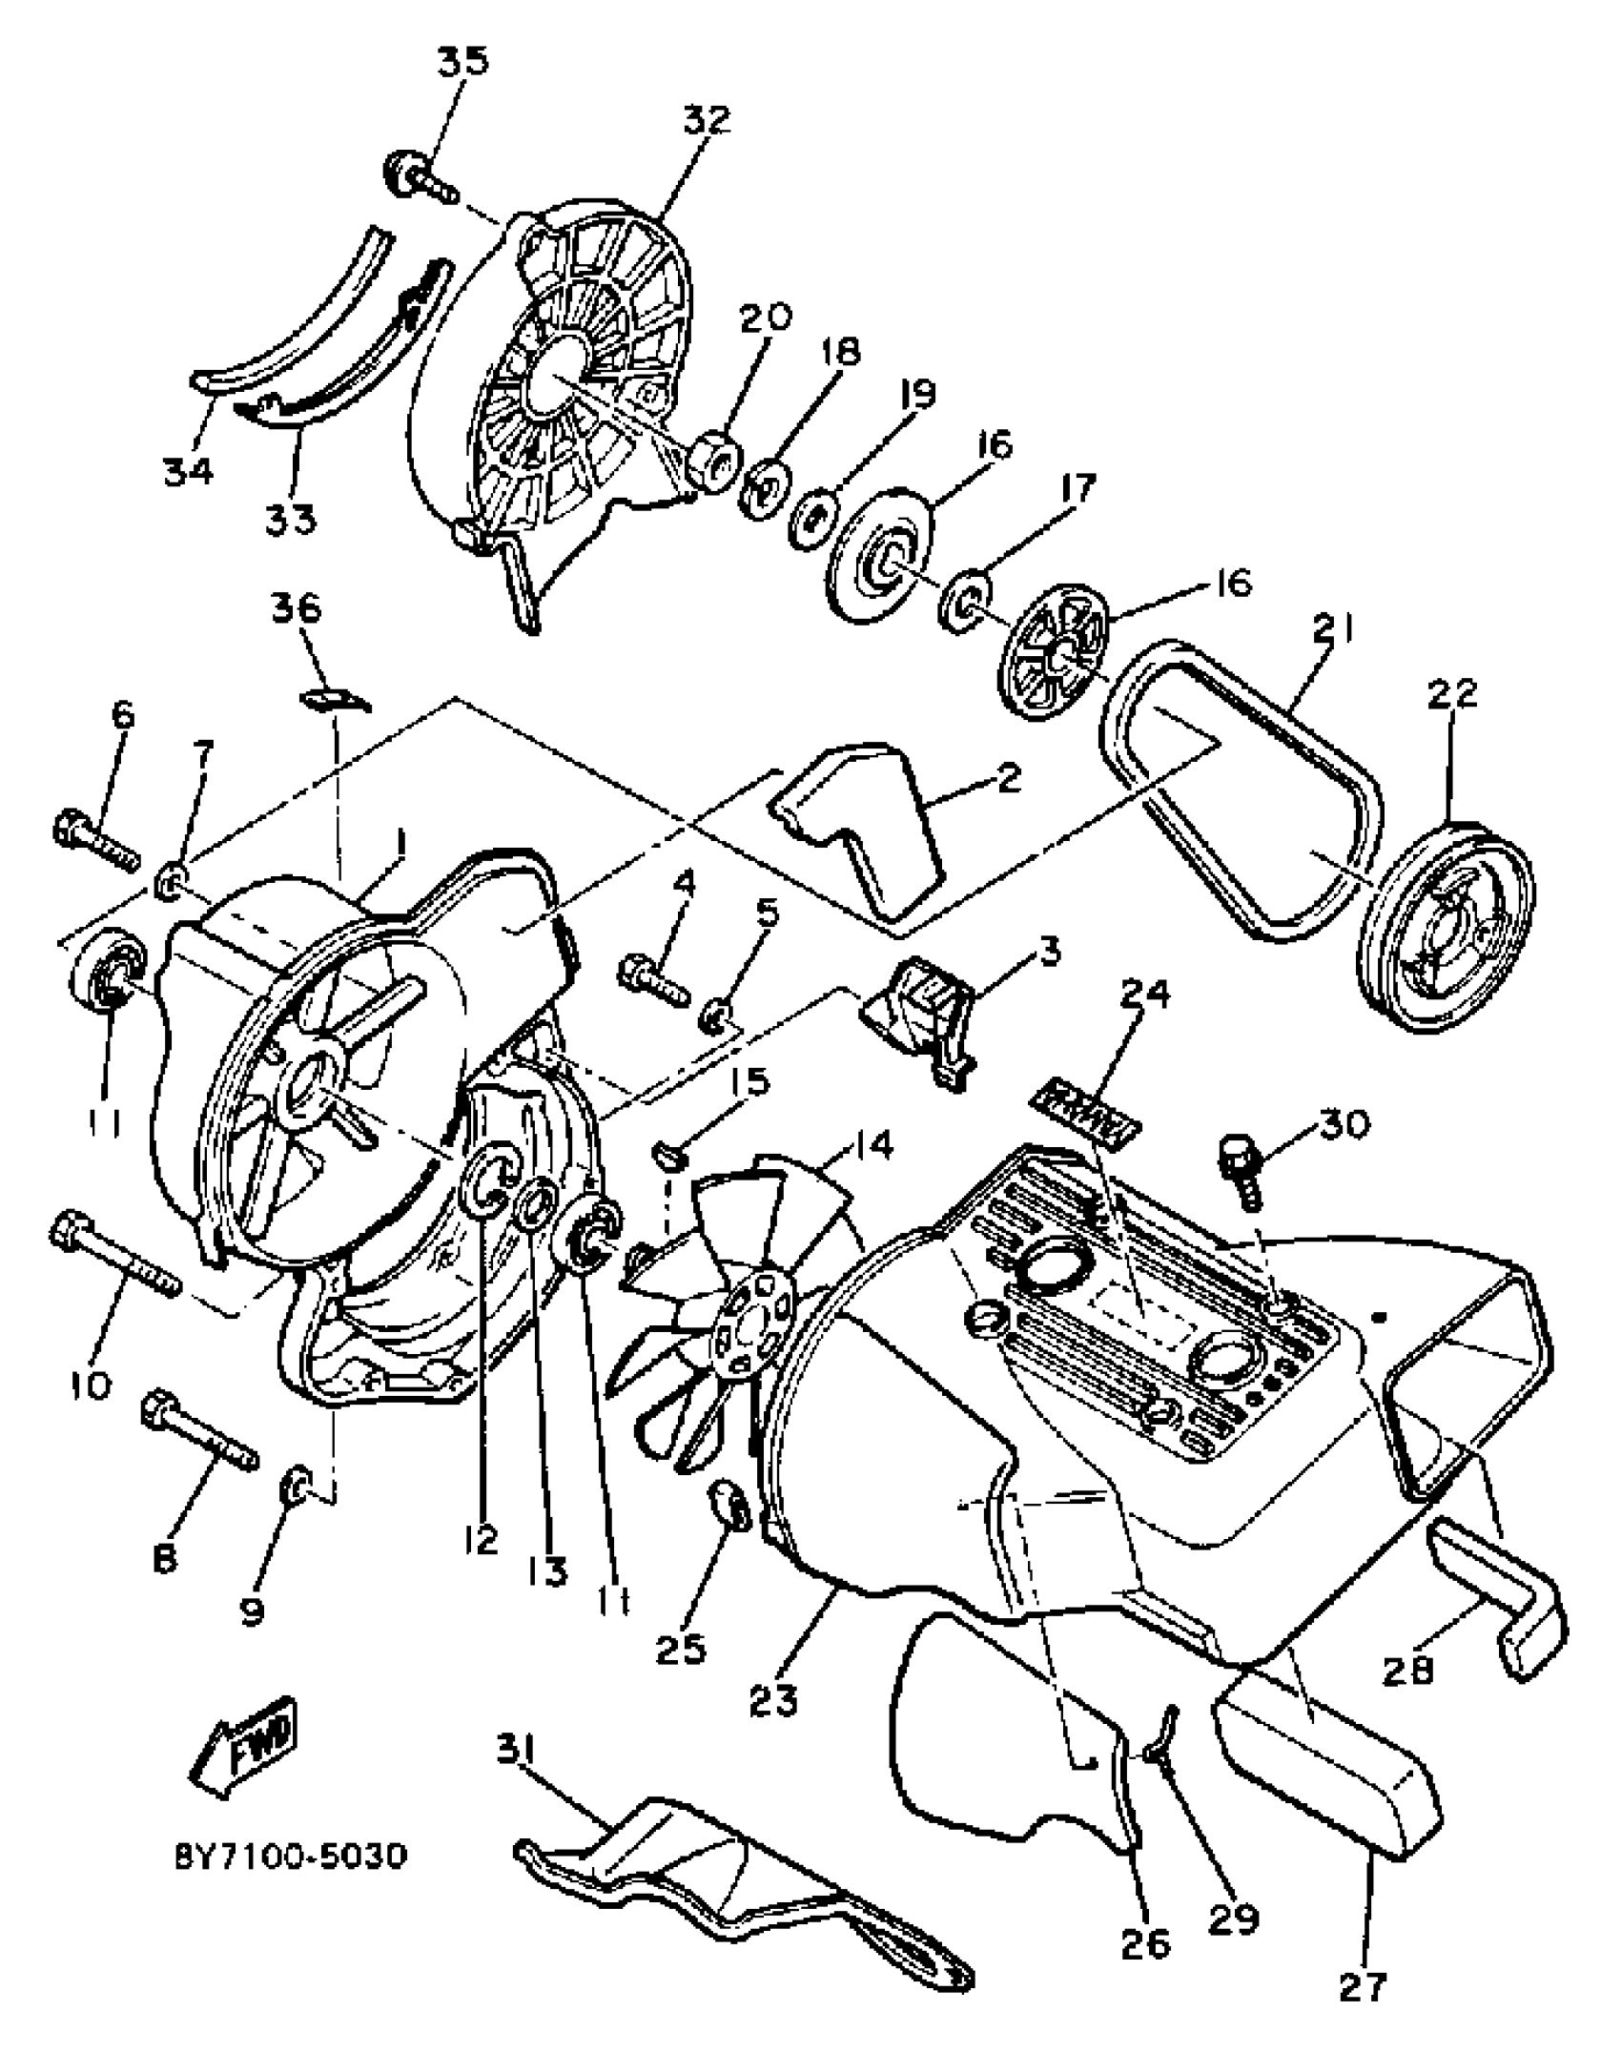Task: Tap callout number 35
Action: (463, 61)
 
